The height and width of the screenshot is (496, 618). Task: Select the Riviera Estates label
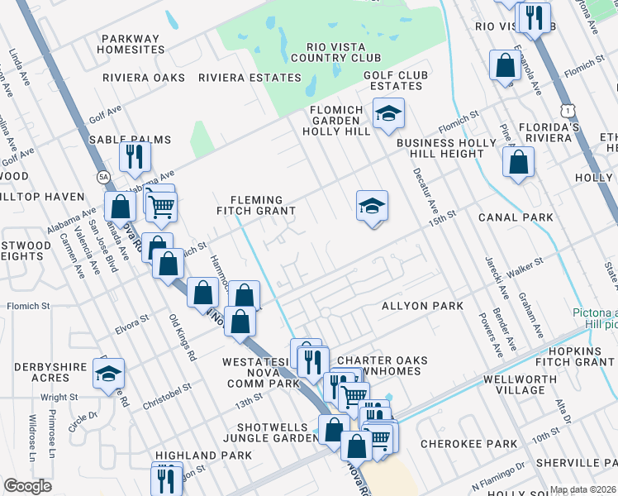pyautogui.click(x=250, y=78)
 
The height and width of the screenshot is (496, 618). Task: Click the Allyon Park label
pyautogui.click(x=422, y=306)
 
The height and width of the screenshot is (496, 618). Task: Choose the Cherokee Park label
pyautogui.click(x=468, y=444)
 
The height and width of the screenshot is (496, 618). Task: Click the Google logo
pyautogui.click(x=27, y=485)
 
